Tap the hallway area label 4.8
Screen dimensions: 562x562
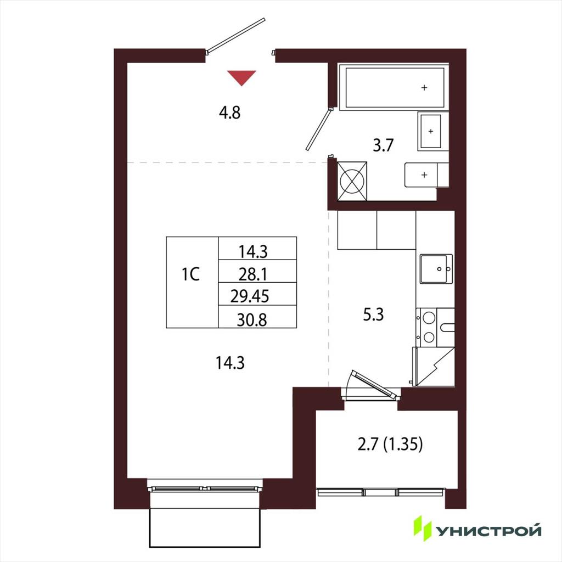click(230, 113)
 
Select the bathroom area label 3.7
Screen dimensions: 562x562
click(383, 145)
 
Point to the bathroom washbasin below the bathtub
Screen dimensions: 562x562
click(430, 131)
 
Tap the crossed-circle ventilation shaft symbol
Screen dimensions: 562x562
click(352, 181)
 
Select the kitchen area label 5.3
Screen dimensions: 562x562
click(373, 314)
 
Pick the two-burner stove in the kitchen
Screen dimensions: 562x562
click(429, 327)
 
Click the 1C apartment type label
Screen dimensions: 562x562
click(190, 274)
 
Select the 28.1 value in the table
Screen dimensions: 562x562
click(253, 274)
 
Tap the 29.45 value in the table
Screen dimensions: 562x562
click(250, 296)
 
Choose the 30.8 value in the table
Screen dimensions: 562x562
click(252, 320)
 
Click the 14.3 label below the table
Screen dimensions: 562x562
click(230, 363)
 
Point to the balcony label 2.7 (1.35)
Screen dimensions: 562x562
click(390, 444)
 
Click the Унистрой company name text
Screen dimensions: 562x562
click(488, 531)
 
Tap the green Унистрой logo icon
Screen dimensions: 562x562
click(422, 528)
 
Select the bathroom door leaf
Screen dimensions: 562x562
click(319, 129)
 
